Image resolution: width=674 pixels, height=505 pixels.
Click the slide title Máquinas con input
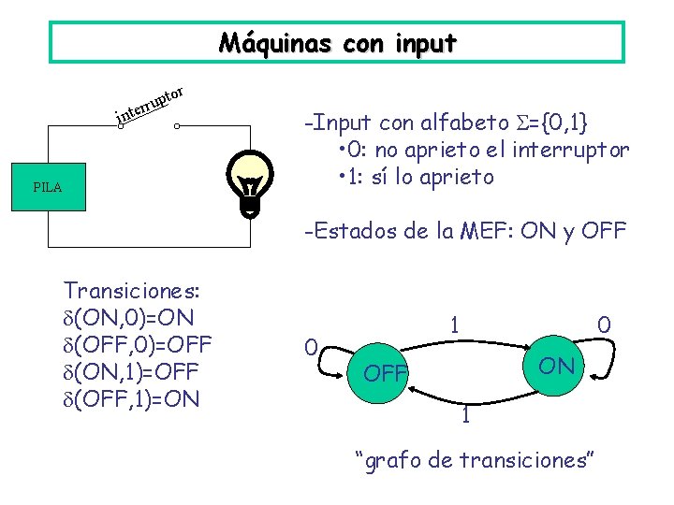click(337, 43)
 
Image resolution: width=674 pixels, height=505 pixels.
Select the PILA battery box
click(47, 187)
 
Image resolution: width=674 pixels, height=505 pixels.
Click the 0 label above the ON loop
click(605, 325)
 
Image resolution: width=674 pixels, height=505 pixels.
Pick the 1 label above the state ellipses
click(454, 325)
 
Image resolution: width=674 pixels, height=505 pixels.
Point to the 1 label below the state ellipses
click(465, 415)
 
